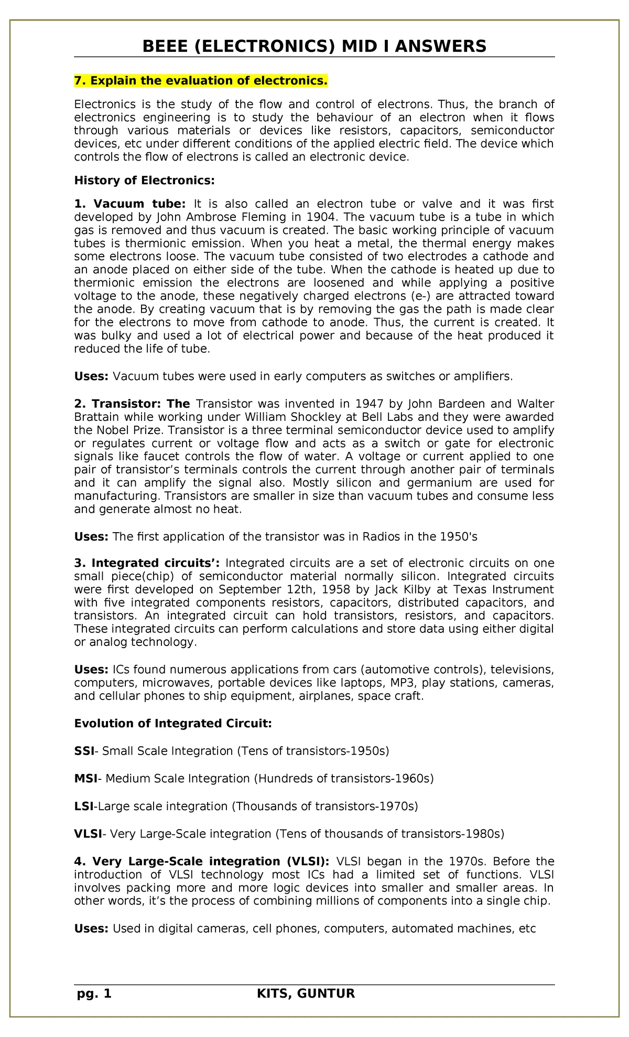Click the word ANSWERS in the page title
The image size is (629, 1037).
(x=440, y=47)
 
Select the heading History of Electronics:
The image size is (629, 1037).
(x=144, y=181)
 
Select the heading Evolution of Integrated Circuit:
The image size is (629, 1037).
(x=173, y=724)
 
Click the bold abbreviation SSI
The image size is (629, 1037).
(x=84, y=751)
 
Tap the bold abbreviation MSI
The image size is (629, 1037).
(x=85, y=778)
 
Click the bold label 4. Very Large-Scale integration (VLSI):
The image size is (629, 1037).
(x=202, y=861)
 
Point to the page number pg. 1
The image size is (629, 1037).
(x=94, y=993)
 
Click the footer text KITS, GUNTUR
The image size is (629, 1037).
(x=306, y=993)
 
